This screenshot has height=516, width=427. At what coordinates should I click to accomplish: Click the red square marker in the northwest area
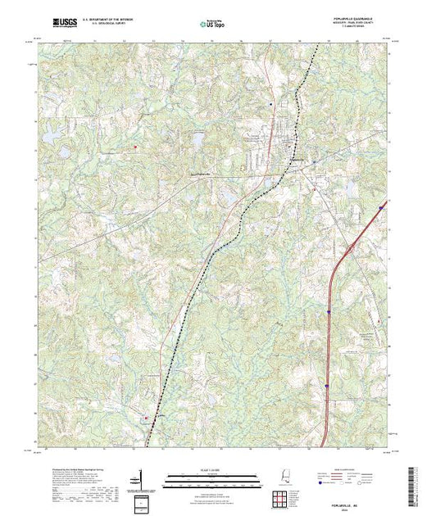coord(136,147)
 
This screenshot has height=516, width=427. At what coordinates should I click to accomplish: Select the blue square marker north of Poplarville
coord(270,106)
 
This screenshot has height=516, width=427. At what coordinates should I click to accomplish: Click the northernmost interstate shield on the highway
coord(381,208)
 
